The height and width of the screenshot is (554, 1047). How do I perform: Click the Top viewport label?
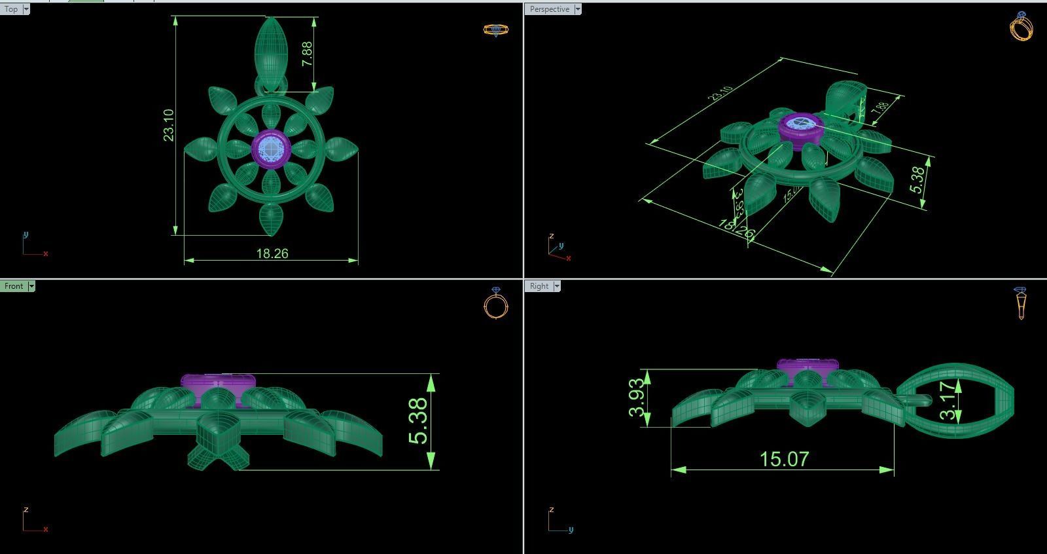click(11, 9)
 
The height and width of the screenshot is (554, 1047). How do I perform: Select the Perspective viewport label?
click(549, 9)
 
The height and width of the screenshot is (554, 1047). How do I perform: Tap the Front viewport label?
click(14, 286)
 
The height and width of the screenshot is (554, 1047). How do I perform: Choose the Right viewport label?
click(539, 286)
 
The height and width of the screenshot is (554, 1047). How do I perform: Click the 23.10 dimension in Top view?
click(169, 124)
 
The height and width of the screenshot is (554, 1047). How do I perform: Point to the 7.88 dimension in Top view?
click(307, 54)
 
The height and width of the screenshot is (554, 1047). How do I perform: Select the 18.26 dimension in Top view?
click(272, 253)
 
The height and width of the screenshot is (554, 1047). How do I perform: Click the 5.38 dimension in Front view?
click(418, 421)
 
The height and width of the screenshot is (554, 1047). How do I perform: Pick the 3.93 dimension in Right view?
click(637, 398)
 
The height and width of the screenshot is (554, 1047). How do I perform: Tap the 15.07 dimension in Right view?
click(784, 458)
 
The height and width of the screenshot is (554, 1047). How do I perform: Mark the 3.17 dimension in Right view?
click(947, 400)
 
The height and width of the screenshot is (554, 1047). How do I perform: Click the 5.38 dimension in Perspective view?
click(917, 179)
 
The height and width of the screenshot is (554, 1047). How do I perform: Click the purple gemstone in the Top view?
click(271, 147)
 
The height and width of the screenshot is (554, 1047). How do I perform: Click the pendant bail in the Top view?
click(271, 49)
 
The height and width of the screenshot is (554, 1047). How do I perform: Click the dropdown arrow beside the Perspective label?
click(578, 9)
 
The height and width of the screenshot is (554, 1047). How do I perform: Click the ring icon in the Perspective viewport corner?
click(1021, 26)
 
